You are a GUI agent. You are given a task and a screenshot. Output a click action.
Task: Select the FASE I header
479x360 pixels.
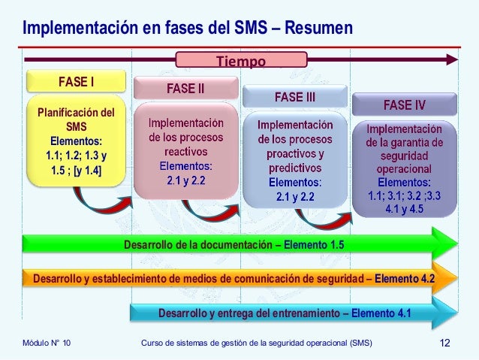tap(71, 80)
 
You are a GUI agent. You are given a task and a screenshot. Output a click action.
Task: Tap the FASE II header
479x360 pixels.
tap(185, 89)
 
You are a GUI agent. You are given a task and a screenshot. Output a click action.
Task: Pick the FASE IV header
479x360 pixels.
tap(404, 104)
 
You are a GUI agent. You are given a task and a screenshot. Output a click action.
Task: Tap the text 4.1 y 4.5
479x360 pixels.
tap(404, 209)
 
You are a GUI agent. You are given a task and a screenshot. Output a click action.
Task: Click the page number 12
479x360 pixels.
tap(445, 343)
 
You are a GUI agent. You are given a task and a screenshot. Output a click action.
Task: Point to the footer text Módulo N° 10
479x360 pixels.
tap(47, 343)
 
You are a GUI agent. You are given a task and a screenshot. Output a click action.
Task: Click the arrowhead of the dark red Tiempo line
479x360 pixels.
tap(452, 57)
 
